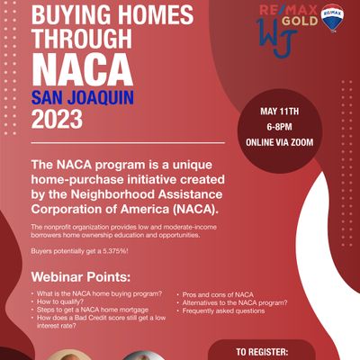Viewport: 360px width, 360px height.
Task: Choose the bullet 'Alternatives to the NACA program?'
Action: point(237,303)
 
